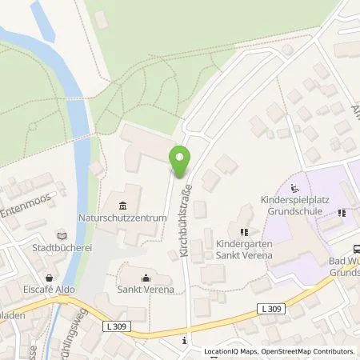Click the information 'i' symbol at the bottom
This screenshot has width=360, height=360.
(185, 341)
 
